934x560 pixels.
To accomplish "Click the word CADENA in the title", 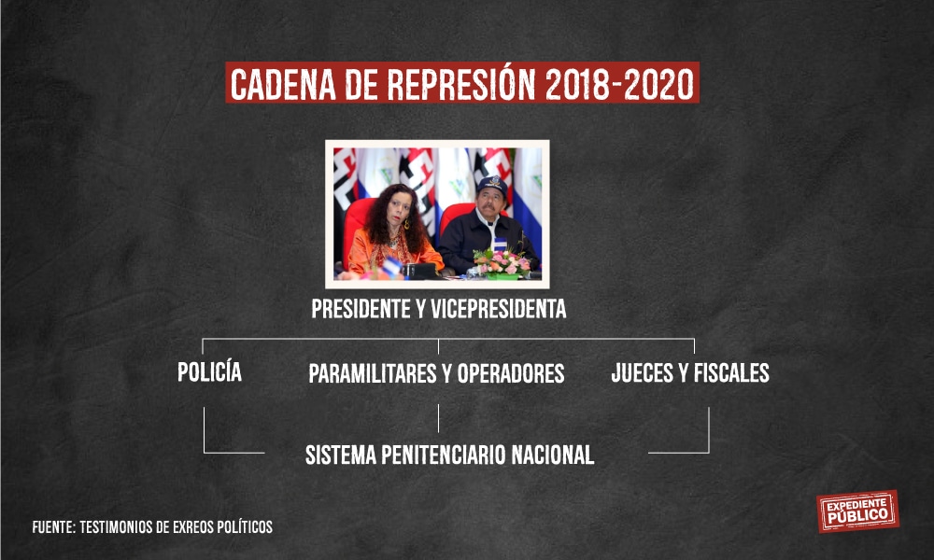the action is click(x=283, y=84).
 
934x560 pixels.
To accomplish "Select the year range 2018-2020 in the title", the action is click(x=619, y=84).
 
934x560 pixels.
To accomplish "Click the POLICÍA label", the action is click(x=209, y=371).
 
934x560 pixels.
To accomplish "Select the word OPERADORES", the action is click(x=511, y=373).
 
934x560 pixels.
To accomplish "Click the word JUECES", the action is click(x=643, y=373).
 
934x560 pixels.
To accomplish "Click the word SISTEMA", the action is click(x=341, y=455).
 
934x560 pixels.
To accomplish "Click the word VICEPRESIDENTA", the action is click(x=498, y=309).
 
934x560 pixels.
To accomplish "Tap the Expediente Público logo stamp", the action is click(x=857, y=511).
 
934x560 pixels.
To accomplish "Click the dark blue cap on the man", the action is click(x=492, y=186).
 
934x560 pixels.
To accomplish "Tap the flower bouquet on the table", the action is click(x=502, y=262).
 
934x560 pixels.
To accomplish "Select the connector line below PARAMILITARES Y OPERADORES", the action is click(x=438, y=418).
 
